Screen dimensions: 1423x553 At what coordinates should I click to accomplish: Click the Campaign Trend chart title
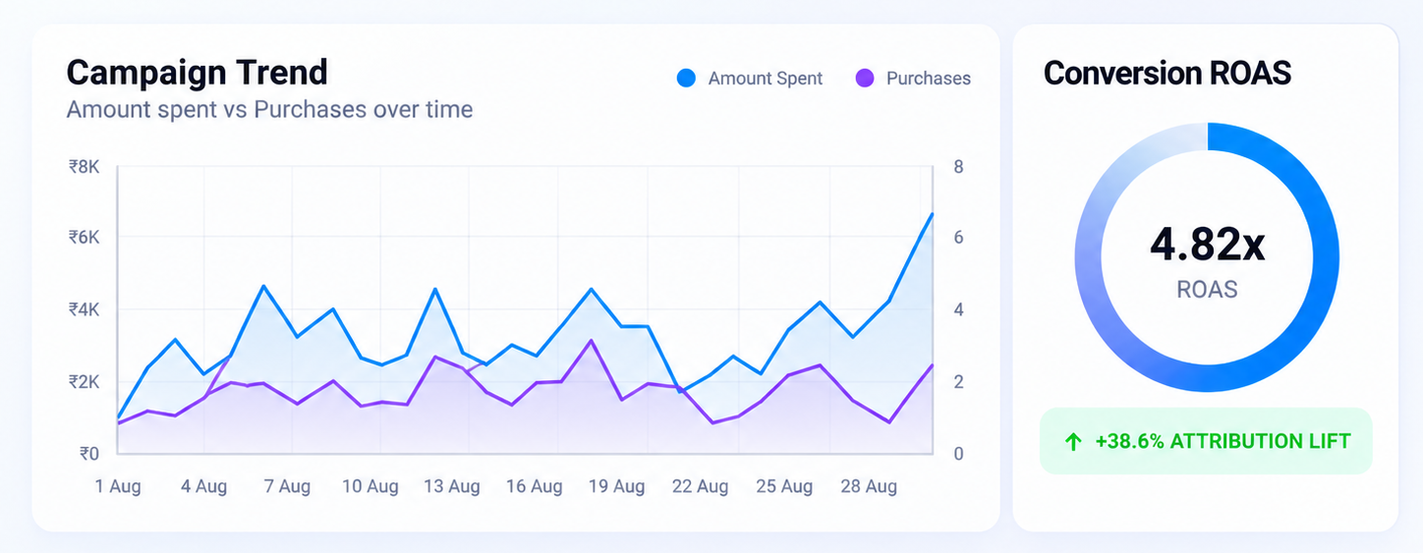[x=197, y=73]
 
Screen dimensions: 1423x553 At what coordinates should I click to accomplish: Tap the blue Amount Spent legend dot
[x=686, y=79]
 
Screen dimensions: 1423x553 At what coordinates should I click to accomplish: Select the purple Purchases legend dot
[x=865, y=79]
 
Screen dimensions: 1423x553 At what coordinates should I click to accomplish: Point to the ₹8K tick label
[x=85, y=167]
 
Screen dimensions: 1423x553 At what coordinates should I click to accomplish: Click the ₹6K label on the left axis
[x=85, y=238]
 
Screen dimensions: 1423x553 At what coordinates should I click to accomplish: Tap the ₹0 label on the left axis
[x=89, y=454]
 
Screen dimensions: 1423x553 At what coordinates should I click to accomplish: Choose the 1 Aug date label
[x=118, y=486]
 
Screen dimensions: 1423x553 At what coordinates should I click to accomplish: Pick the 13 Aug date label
[x=452, y=486]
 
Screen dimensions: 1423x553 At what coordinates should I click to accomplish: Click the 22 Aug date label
[x=700, y=486]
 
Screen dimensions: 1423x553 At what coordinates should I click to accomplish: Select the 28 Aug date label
[x=869, y=486]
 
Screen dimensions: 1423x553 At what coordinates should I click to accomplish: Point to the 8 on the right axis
[x=958, y=167]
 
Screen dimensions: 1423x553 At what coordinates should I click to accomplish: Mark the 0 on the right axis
[x=958, y=454]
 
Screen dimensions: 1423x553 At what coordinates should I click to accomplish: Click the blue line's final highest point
[x=932, y=214]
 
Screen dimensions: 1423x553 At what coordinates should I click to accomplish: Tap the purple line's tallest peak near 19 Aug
[x=592, y=340]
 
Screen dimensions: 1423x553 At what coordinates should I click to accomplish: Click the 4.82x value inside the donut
[x=1207, y=245]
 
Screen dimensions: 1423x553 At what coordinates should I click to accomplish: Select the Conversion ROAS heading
[x=1167, y=73]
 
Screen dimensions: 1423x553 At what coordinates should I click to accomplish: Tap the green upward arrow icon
[x=1073, y=441]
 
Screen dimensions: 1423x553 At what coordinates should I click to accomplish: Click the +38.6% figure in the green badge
[x=1129, y=441]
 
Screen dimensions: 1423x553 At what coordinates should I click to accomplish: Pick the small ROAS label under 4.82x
[x=1207, y=290]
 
